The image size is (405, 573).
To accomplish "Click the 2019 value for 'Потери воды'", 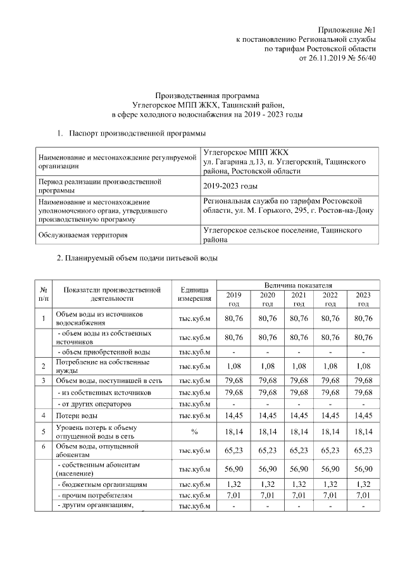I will click(234, 415).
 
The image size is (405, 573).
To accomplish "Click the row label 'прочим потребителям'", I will click(95, 495).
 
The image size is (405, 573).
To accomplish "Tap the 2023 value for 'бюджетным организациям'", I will click(363, 484).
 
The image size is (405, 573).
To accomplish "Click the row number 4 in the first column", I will click(43, 415).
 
